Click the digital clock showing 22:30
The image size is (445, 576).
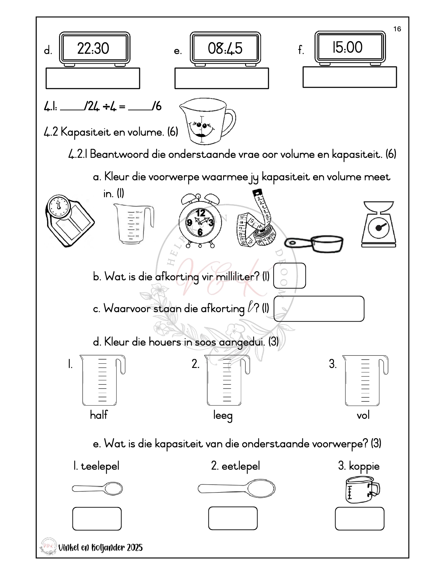click(x=94, y=49)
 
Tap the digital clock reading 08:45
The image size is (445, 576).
click(x=225, y=49)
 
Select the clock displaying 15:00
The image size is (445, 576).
click(x=350, y=47)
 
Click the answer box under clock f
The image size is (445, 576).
click(x=349, y=77)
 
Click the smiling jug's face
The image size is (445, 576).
click(x=201, y=127)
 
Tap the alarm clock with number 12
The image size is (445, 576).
click(x=200, y=221)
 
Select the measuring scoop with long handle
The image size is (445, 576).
click(x=314, y=243)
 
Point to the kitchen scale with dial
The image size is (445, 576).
click(x=379, y=224)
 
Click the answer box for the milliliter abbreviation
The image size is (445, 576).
click(x=289, y=276)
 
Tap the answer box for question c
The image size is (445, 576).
click(x=319, y=309)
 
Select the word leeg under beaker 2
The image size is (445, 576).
click(x=223, y=415)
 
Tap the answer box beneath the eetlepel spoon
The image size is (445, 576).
click(x=233, y=518)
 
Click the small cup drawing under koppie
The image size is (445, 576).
click(x=362, y=490)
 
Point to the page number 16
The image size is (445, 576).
click(x=397, y=29)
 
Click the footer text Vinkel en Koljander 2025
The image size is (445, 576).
click(x=101, y=547)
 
